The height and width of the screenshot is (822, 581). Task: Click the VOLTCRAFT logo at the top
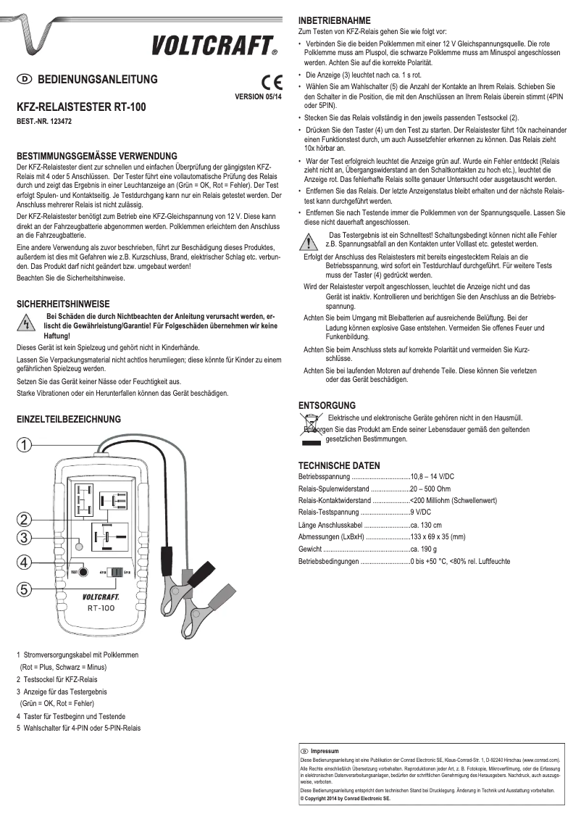click(x=214, y=46)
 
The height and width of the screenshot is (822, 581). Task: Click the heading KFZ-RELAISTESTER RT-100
click(x=80, y=107)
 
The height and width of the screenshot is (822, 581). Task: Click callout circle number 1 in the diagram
click(x=25, y=444)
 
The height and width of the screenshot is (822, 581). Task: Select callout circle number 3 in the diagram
click(x=25, y=537)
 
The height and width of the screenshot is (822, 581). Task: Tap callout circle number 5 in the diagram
click(x=25, y=589)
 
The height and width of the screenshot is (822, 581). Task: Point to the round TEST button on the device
click(x=84, y=572)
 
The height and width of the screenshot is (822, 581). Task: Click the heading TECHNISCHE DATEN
click(x=339, y=465)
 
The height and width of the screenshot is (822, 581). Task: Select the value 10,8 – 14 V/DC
click(x=432, y=476)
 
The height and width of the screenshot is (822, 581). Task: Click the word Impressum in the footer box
click(x=325, y=751)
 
